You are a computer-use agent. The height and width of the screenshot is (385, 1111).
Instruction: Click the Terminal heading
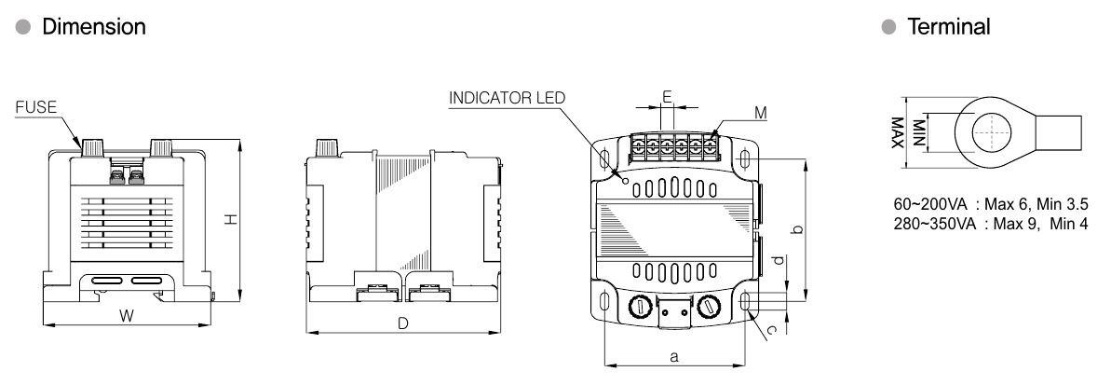950,27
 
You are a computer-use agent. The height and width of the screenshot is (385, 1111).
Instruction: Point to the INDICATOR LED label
507,98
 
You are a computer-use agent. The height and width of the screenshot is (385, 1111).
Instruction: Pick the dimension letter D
403,323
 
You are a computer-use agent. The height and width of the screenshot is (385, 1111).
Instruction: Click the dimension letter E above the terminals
667,97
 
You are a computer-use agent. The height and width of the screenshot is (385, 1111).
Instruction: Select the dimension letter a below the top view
674,356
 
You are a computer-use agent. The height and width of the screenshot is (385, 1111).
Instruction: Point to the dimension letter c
772,328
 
